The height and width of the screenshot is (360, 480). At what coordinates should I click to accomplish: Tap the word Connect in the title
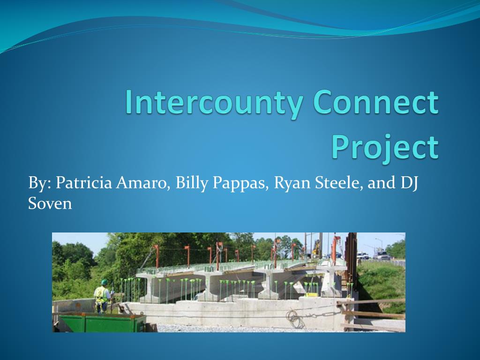376,102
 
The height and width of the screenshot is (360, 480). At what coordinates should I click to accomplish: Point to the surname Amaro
143,183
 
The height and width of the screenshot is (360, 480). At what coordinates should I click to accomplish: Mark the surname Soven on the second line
50,203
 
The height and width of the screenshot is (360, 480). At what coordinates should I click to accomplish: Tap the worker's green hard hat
105,282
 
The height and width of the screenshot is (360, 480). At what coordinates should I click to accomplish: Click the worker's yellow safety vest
101,294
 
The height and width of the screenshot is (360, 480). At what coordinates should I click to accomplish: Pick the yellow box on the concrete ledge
312,295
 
